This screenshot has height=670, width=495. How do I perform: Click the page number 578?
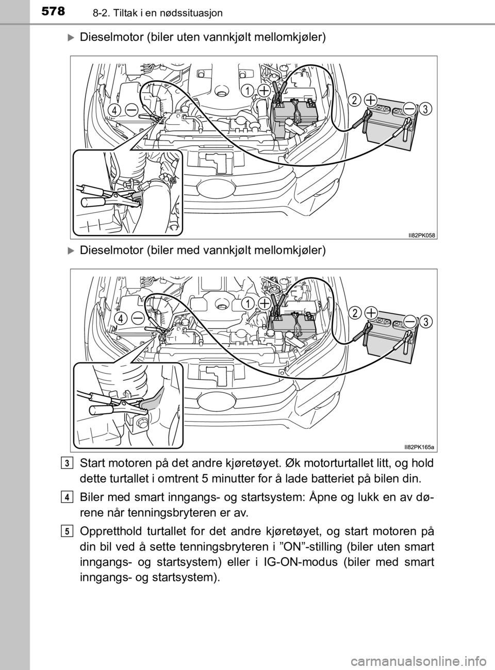(x=53, y=11)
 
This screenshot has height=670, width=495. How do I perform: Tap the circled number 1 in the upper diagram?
(x=247, y=91)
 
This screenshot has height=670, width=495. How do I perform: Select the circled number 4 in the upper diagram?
(x=114, y=111)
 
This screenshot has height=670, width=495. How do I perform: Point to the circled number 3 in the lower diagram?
(x=425, y=322)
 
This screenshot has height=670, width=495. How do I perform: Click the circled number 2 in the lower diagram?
(x=356, y=313)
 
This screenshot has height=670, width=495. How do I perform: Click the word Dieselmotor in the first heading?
(x=111, y=38)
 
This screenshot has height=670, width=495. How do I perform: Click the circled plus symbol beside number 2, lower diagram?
(x=371, y=313)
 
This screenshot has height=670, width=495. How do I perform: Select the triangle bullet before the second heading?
(x=71, y=250)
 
